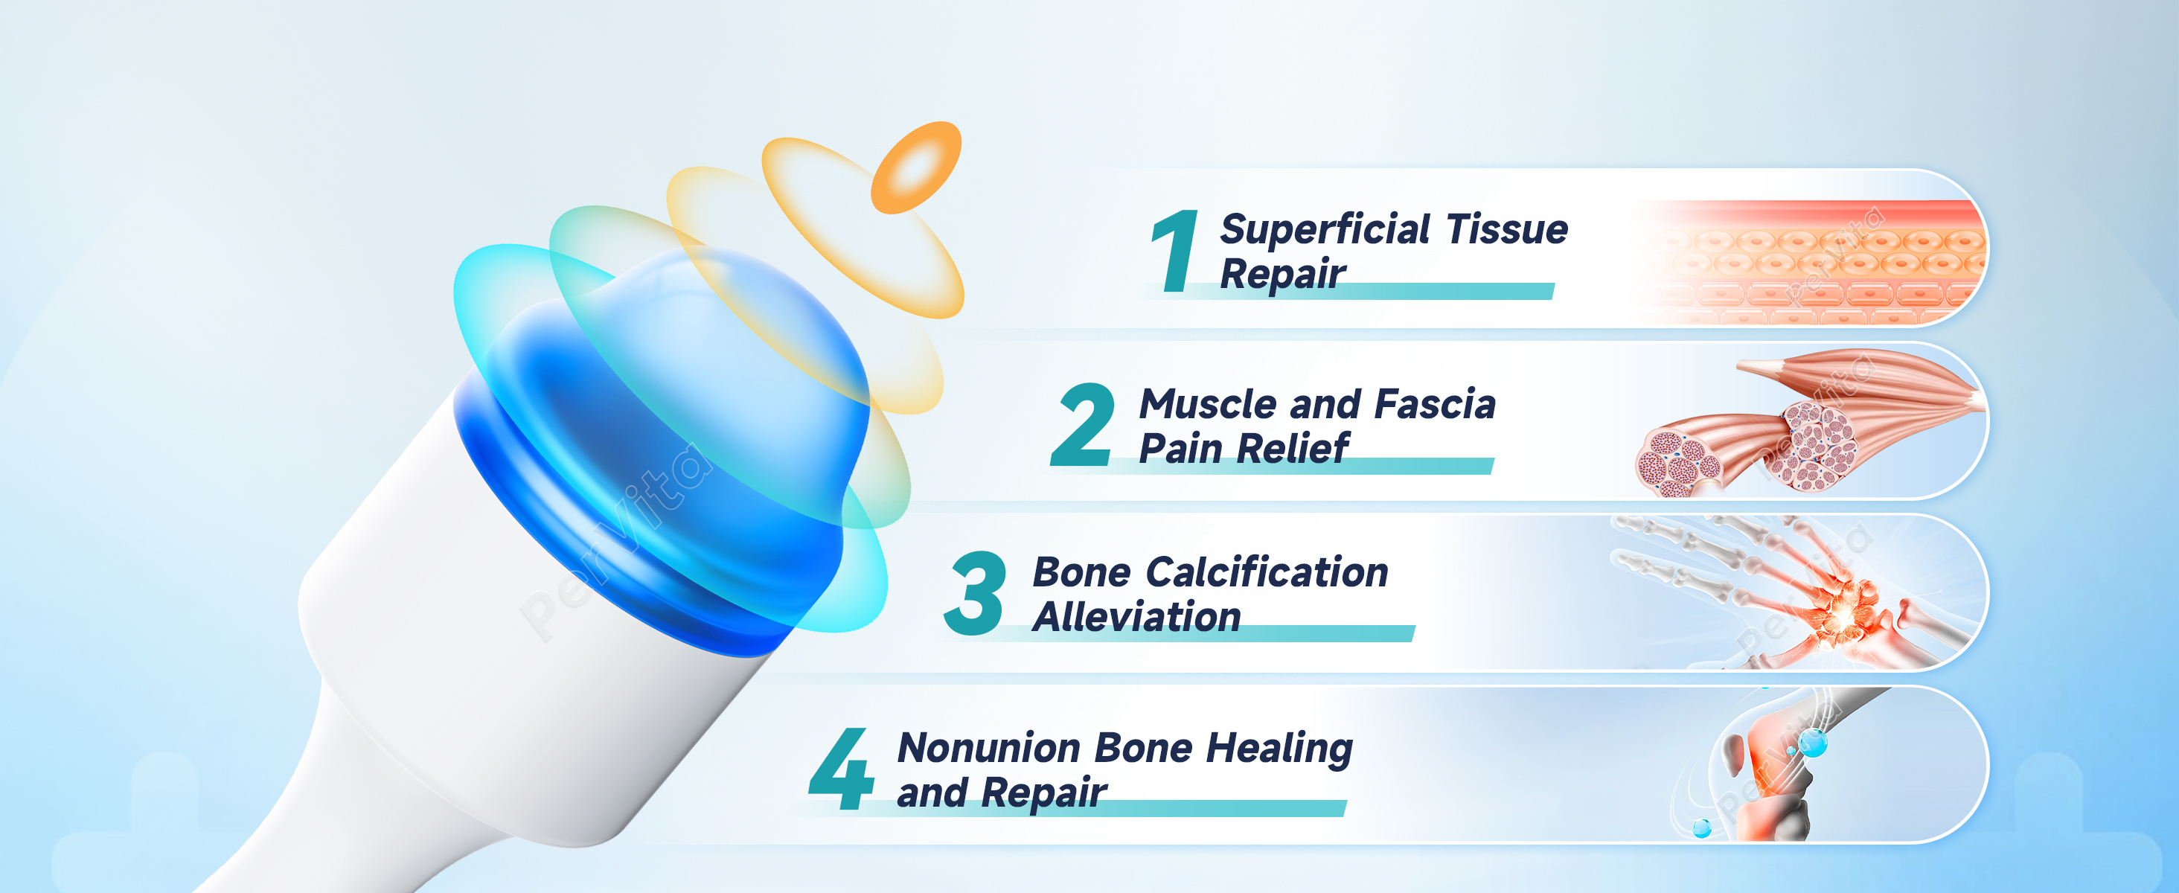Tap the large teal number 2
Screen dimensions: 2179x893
1082,423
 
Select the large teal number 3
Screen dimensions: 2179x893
976,593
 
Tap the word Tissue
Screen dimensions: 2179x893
1508,229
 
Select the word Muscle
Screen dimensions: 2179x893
1208,403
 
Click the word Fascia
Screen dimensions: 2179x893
1436,403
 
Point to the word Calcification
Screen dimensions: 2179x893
1267,572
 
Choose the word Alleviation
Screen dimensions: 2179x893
1137,616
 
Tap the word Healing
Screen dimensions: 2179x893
1279,749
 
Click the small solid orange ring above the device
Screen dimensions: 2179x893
917,167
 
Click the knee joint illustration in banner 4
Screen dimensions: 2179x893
1768,765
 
